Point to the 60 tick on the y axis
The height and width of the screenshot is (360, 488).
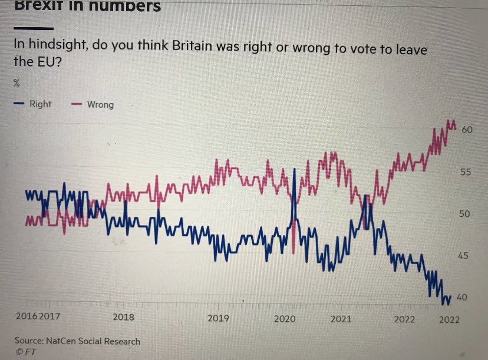[467, 129]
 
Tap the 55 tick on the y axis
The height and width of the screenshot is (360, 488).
[466, 172]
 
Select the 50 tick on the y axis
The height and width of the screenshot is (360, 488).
[465, 214]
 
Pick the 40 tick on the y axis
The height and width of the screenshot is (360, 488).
[463, 298]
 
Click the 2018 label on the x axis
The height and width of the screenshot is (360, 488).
[123, 317]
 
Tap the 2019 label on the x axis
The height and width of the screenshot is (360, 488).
[218, 318]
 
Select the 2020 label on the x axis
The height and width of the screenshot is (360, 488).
[285, 319]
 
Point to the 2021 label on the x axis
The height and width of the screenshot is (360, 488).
[341, 319]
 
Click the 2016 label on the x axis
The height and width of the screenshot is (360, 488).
[27, 316]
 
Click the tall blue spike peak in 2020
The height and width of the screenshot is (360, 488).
[294, 170]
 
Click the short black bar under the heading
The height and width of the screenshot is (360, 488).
[34, 28]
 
